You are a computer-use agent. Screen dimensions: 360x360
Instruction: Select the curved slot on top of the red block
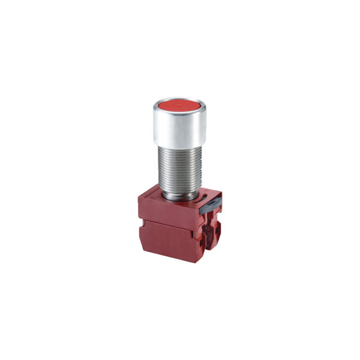tap(203, 196)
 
